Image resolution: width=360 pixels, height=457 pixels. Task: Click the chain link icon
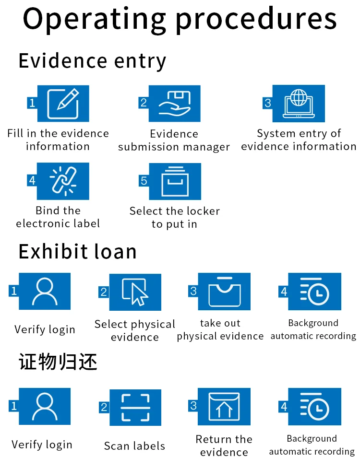click(x=62, y=180)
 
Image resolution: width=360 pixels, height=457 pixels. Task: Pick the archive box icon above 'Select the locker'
click(x=174, y=181)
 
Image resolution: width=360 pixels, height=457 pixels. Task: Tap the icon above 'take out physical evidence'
click(x=224, y=291)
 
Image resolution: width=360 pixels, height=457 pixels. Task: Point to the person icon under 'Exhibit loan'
click(x=45, y=291)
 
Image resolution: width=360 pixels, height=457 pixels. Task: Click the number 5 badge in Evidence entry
click(x=144, y=180)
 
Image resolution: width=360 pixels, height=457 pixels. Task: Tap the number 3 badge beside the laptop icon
click(x=268, y=103)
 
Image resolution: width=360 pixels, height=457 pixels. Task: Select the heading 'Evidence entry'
click(x=92, y=61)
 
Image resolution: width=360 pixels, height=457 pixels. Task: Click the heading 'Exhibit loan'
click(x=77, y=252)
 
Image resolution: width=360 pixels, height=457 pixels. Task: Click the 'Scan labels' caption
click(x=134, y=446)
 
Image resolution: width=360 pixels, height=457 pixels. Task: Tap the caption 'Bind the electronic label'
click(x=58, y=217)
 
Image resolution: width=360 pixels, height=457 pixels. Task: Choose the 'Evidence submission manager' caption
click(x=174, y=140)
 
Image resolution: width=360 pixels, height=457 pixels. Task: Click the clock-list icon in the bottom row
click(x=314, y=407)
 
